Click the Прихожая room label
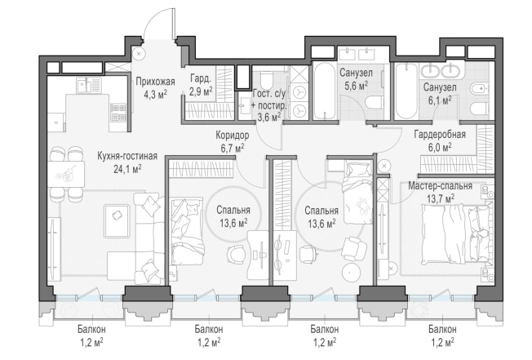point(155,82)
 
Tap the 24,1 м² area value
point(127,169)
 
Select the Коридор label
point(232,136)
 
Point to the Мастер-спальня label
point(440,186)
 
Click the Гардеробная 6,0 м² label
point(440,140)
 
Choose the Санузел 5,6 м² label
point(356,79)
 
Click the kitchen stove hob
point(118,113)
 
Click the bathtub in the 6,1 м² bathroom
point(406,91)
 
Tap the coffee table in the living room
point(117,220)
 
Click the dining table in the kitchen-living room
point(65,174)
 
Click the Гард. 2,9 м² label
point(202,85)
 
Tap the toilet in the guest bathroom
point(268,81)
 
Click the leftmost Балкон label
point(91,329)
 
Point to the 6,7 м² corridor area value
point(233,149)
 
